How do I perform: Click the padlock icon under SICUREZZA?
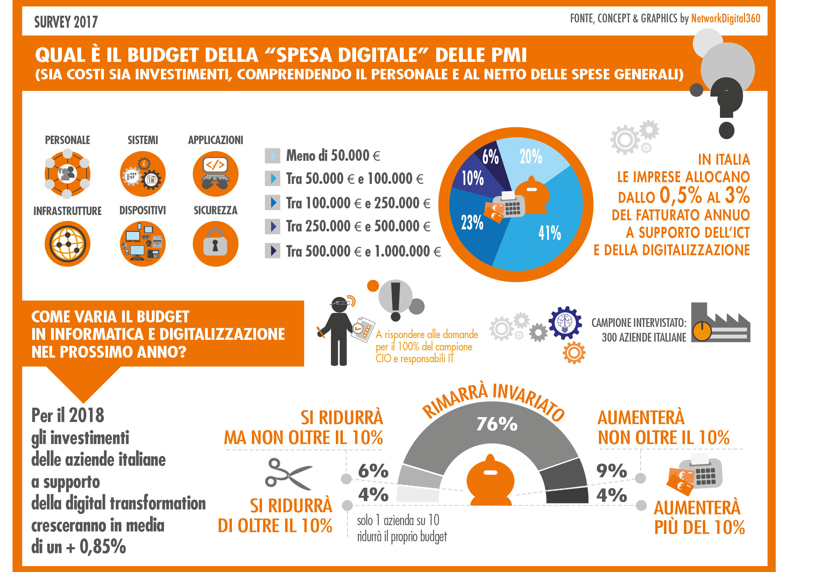[x=215, y=244]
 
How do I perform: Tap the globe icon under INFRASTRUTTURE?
[x=68, y=244]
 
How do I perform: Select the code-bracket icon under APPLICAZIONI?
[x=215, y=174]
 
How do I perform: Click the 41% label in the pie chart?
[x=549, y=233]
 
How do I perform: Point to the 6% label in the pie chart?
[x=490, y=156]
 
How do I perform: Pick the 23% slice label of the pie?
[x=472, y=223]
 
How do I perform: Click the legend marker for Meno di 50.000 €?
[x=273, y=156]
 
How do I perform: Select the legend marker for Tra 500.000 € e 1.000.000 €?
[x=273, y=251]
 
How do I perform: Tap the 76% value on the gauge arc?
[x=497, y=424]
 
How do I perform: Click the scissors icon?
[x=288, y=474]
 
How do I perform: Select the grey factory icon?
[x=720, y=323]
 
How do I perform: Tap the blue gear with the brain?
[x=565, y=322]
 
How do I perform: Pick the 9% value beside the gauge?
[x=611, y=470]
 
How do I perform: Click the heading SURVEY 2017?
[x=66, y=22]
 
